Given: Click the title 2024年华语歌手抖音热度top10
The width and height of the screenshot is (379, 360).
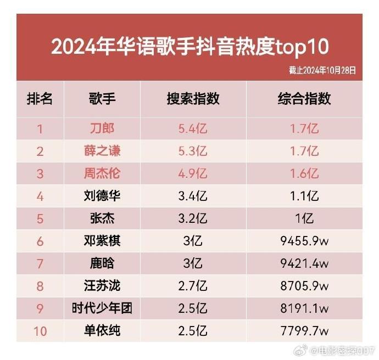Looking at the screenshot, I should [190, 47].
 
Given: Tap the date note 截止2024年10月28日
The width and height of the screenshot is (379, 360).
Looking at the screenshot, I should [322, 71].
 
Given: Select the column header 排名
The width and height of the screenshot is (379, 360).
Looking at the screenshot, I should [40, 99].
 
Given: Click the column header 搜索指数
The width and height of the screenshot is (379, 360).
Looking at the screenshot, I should [193, 99].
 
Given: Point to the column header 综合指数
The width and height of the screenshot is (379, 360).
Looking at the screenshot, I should [304, 99].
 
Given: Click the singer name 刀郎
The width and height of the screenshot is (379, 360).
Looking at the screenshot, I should [102, 129].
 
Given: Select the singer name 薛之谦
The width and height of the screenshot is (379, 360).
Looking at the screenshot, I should [102, 151].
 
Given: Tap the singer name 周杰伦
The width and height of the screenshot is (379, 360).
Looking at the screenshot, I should [102, 173].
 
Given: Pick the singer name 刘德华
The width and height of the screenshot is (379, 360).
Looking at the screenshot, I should [102, 196].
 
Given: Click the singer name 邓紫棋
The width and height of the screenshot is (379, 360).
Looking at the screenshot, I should [102, 241].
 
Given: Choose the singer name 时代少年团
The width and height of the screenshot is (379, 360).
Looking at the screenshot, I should [102, 308].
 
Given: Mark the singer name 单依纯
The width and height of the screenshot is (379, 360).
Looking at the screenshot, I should [102, 331].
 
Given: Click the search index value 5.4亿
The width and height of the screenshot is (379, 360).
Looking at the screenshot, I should [193, 129].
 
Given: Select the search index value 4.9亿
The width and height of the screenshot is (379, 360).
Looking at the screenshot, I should [193, 173].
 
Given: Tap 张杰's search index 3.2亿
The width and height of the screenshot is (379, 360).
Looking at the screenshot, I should [193, 218].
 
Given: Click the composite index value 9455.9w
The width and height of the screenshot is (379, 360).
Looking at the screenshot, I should [304, 241].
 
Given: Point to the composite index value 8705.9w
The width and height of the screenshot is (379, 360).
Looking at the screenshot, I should [304, 286].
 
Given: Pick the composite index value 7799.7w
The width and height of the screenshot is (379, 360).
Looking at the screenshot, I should [304, 331].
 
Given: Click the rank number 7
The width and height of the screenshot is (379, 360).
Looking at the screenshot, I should [40, 263].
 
